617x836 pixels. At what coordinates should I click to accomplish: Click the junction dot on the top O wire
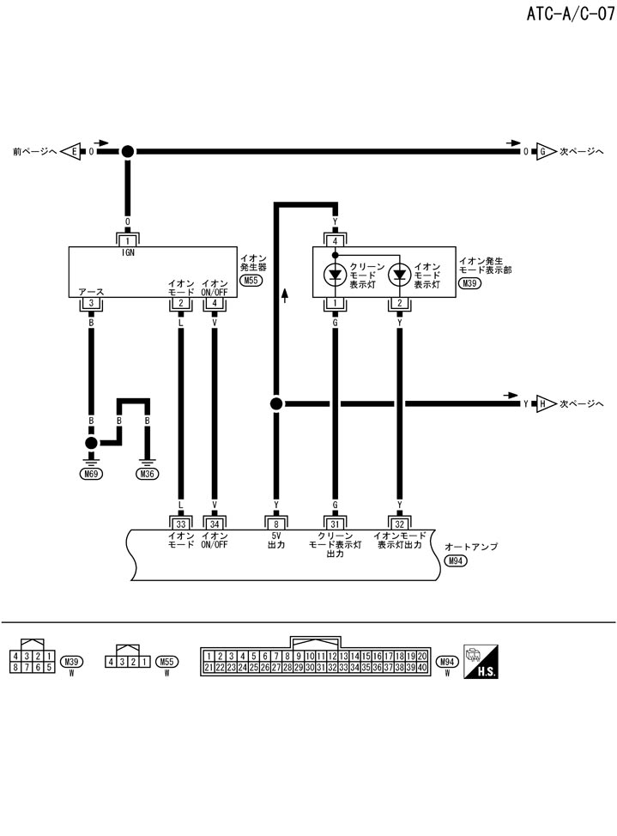[128, 151]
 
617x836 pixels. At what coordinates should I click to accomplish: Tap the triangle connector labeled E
[72, 151]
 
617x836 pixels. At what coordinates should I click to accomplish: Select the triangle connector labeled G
[543, 151]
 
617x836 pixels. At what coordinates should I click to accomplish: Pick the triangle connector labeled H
[543, 403]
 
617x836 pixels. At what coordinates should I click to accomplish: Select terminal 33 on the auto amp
[180, 523]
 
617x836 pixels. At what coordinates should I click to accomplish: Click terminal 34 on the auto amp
[214, 523]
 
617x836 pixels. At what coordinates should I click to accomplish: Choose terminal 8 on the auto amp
[276, 523]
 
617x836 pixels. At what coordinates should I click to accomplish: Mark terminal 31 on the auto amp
[336, 523]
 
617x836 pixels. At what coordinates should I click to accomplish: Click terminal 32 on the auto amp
[399, 523]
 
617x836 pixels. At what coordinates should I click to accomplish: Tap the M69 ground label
[90, 473]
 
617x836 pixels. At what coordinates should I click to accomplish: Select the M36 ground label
[148, 473]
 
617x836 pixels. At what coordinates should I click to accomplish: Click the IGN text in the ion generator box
[128, 254]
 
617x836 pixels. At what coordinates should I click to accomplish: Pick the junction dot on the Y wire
[276, 403]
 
